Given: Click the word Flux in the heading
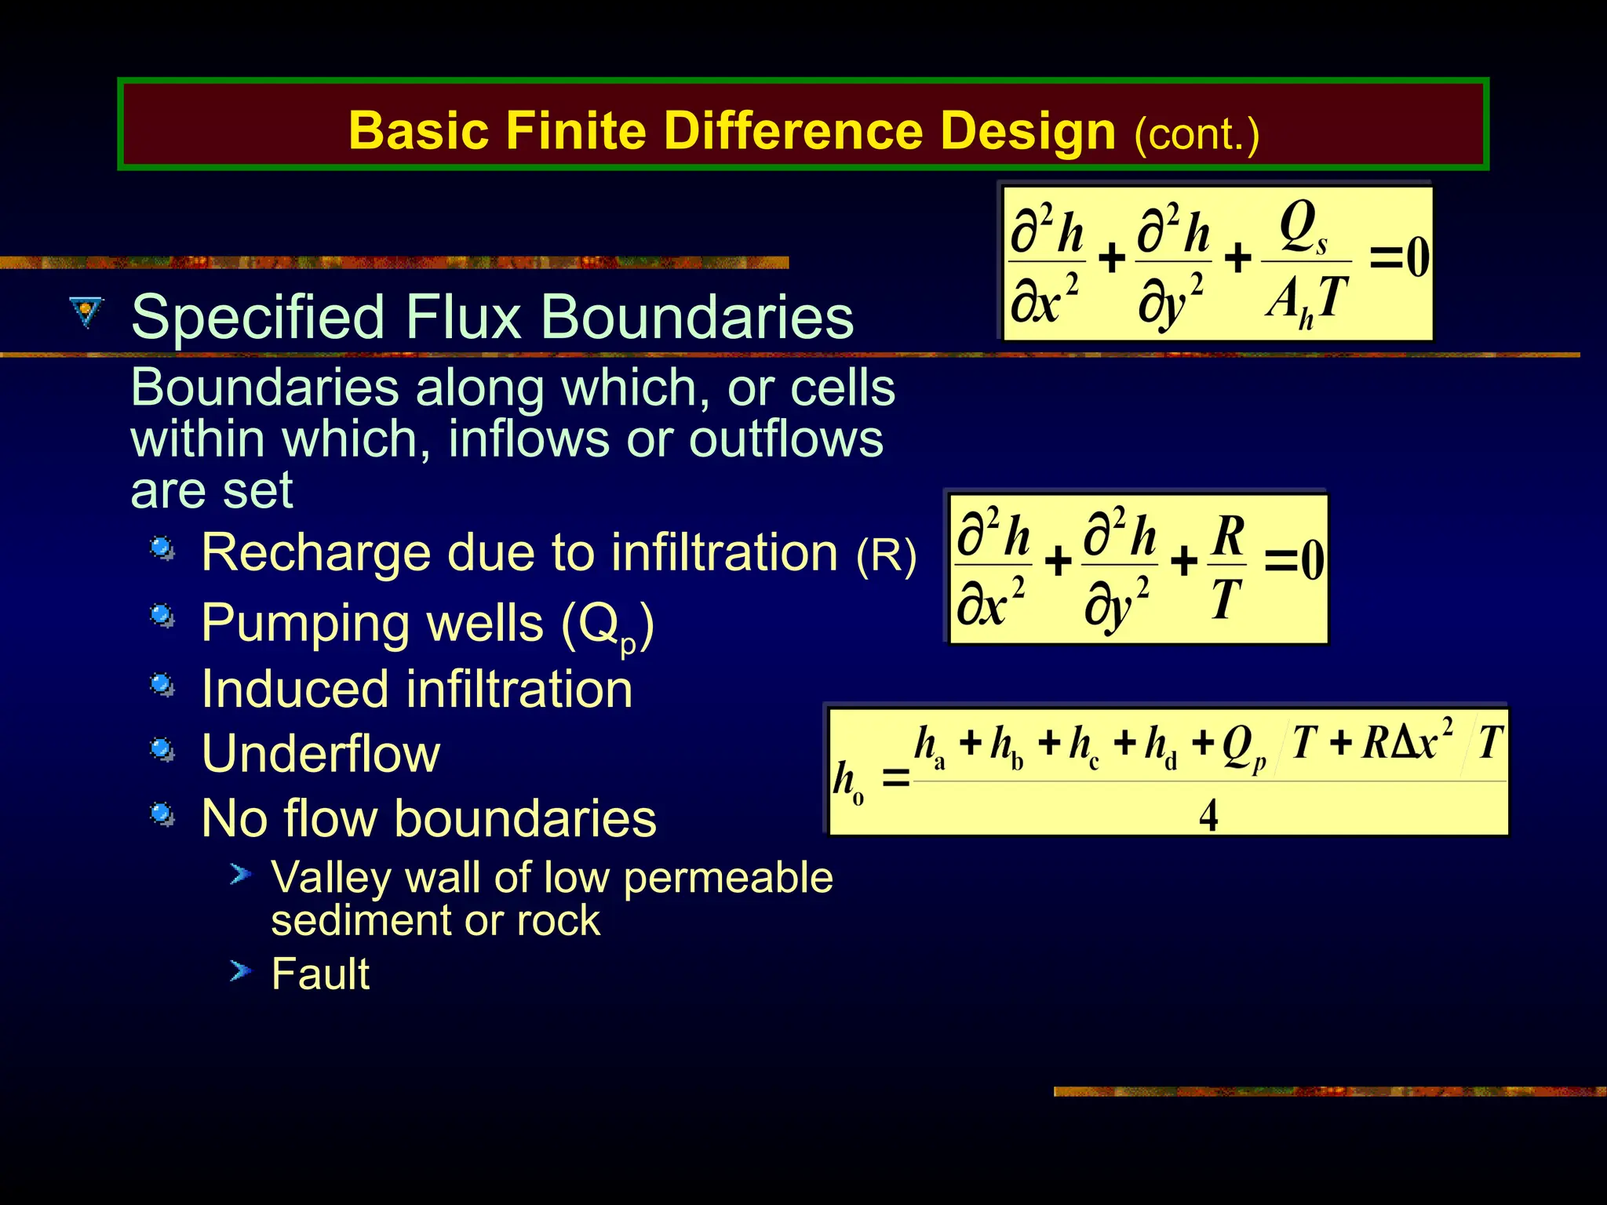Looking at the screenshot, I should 464,317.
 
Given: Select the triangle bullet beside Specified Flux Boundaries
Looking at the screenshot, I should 86,311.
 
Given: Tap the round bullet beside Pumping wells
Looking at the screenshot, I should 162,616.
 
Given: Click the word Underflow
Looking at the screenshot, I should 320,754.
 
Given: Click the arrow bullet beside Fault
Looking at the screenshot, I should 241,972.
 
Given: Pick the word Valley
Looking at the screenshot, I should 330,877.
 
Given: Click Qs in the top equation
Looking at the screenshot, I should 1303,228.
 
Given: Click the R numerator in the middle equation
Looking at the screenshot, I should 1229,536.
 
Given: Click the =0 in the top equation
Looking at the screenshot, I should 1399,257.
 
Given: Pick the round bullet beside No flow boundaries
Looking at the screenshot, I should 162,814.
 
